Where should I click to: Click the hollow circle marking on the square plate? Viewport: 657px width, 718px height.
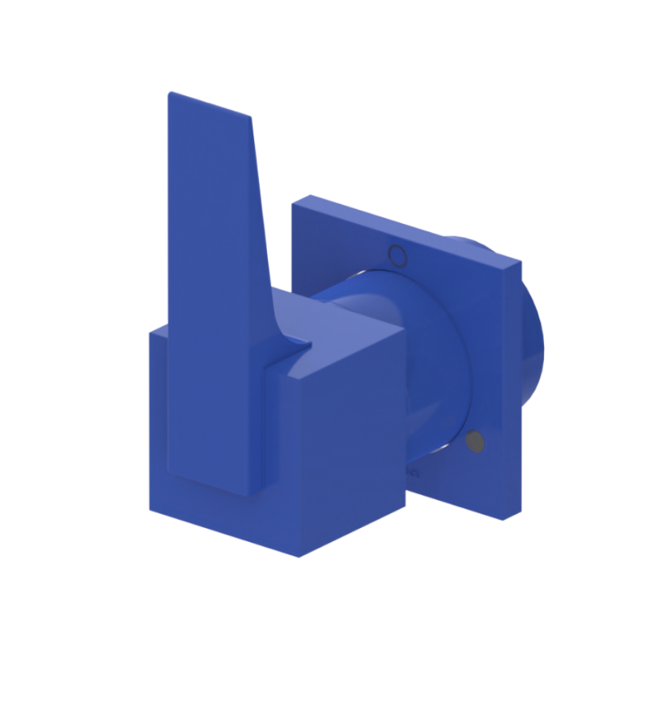[398, 255]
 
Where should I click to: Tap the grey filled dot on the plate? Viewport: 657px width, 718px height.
[475, 443]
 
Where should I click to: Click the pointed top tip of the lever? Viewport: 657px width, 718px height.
[171, 94]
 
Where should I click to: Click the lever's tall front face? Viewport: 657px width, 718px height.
[213, 300]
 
